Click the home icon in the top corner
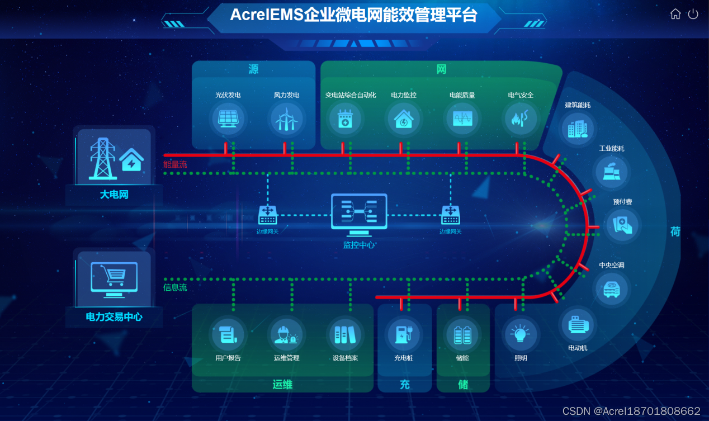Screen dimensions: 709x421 click(675, 15)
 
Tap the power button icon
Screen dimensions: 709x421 click(693, 15)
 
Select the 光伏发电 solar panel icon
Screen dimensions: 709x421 click(228, 119)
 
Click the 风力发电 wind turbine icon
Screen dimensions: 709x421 click(286, 119)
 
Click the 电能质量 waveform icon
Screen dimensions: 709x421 click(462, 119)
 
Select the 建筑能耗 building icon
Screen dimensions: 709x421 click(578, 129)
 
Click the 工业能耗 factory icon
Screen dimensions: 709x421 click(611, 172)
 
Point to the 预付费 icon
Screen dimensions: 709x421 click(622, 225)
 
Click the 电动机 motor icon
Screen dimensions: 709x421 click(578, 324)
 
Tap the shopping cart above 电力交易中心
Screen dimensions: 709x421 click(115, 275)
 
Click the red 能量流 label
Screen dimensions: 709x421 click(175, 164)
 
